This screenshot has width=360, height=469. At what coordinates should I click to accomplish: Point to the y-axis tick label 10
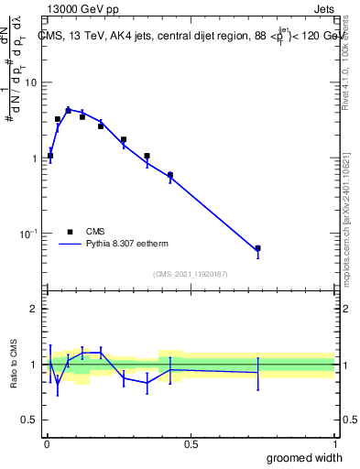(29, 82)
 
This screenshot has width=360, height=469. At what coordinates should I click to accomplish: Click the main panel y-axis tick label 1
(33, 158)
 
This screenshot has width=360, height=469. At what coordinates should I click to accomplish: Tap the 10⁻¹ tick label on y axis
(27, 234)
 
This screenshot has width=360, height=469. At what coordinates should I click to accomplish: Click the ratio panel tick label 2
(33, 309)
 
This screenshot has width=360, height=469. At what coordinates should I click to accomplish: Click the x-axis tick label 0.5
(191, 443)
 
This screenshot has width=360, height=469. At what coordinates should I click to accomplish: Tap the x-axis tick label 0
(45, 443)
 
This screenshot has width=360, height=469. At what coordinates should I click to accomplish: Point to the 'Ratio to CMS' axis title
(14, 365)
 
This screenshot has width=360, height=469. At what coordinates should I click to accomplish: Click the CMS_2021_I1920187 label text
(190, 274)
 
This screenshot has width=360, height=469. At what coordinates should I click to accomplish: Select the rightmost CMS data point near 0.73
(257, 248)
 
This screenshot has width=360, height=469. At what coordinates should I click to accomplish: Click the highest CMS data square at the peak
(68, 110)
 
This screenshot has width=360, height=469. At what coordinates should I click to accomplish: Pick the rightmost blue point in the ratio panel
(257, 372)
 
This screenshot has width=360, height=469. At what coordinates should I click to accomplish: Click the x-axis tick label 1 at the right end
(333, 443)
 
